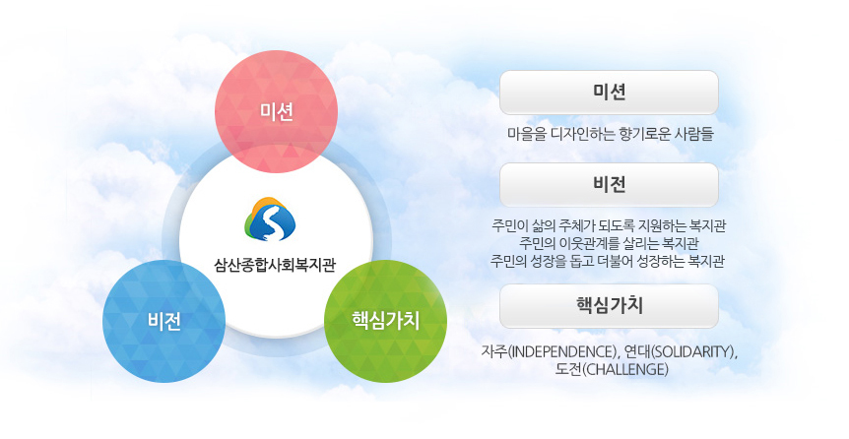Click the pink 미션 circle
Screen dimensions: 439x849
[277, 111]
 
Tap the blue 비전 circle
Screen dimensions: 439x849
[164, 321]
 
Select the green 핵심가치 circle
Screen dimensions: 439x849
[386, 320]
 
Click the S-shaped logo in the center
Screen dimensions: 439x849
[275, 220]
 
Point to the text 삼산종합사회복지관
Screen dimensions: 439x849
[275, 264]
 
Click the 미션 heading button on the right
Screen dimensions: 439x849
[609, 94]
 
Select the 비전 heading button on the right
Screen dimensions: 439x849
[609, 184]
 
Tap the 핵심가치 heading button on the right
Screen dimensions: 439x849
[609, 305]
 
